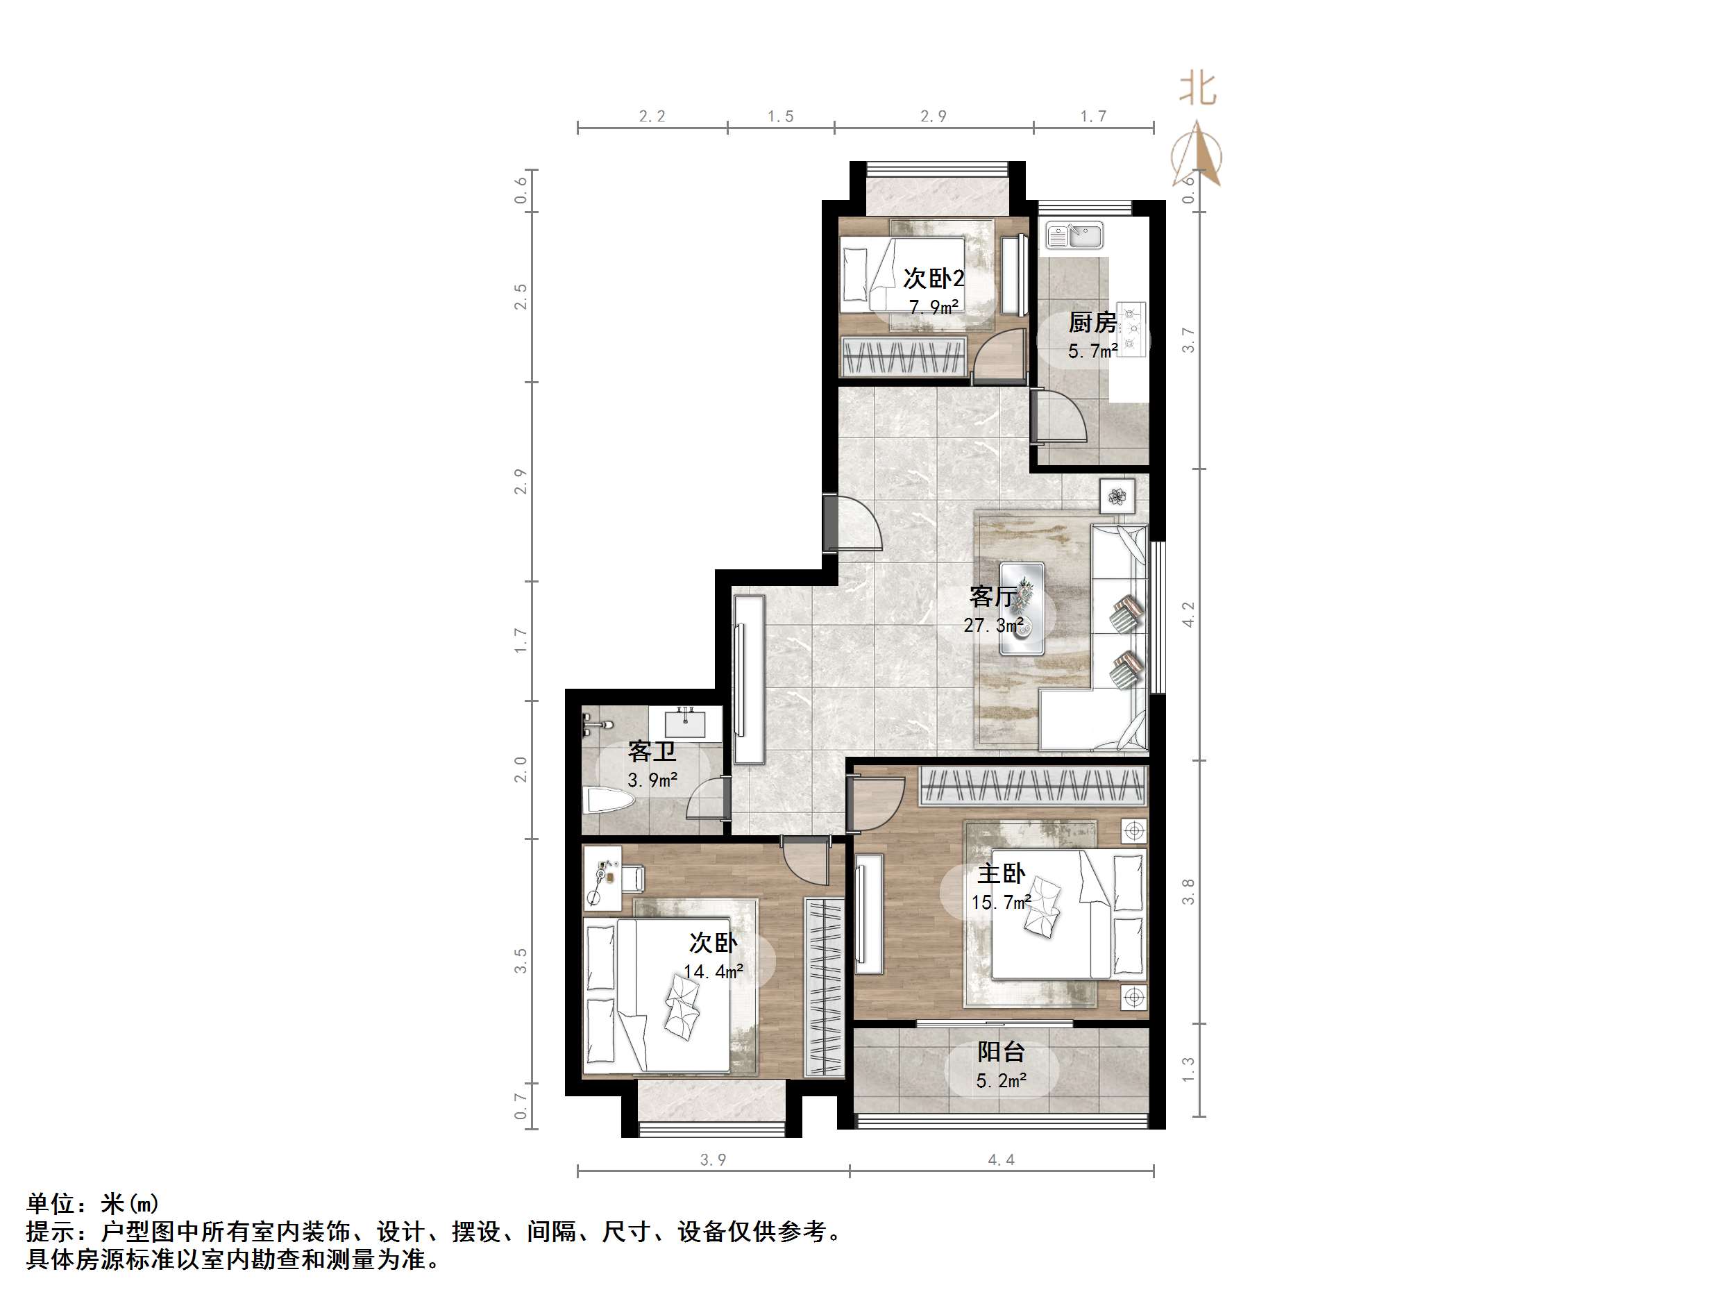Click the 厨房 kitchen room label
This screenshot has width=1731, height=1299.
(x=1092, y=322)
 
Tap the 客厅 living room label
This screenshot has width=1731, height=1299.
(x=993, y=596)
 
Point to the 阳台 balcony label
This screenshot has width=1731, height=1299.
(x=1001, y=1052)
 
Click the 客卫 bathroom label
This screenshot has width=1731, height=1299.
(x=652, y=752)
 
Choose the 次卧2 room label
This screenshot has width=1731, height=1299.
(x=934, y=278)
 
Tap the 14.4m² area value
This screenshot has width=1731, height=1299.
(x=713, y=972)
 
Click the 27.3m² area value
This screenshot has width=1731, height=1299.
(x=993, y=626)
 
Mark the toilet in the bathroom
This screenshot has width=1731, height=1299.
(x=608, y=801)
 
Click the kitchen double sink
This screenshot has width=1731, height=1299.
(x=1074, y=235)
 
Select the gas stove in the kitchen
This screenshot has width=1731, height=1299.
(x=1131, y=329)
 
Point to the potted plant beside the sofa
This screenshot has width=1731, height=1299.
(x=1117, y=496)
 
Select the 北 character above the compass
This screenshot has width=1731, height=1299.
(x=1197, y=88)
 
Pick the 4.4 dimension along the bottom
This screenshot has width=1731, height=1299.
(x=1001, y=1159)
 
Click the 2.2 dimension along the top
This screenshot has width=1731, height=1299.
(x=652, y=117)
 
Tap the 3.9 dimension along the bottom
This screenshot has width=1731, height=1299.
(x=713, y=1159)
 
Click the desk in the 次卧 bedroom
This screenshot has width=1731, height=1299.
(x=603, y=878)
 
